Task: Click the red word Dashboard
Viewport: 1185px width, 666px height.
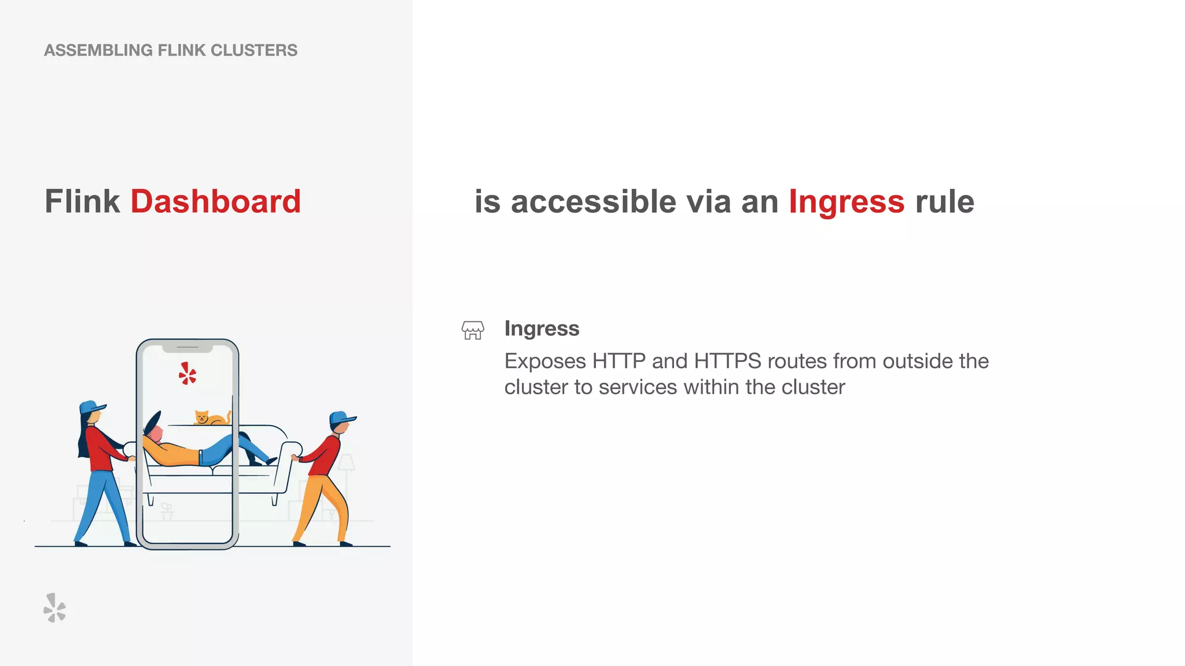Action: pyautogui.click(x=215, y=202)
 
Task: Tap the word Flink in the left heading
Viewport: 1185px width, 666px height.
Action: pyautogui.click(x=82, y=202)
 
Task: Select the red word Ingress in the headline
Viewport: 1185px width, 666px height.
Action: pyautogui.click(x=846, y=202)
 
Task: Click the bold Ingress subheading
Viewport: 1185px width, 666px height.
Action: pyautogui.click(x=542, y=328)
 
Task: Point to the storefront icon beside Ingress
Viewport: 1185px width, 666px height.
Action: pyautogui.click(x=473, y=330)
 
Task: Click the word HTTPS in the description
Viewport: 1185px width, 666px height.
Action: pyautogui.click(x=727, y=361)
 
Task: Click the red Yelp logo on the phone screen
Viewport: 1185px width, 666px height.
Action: pyautogui.click(x=187, y=374)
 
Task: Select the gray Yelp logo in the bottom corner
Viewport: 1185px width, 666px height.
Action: pyautogui.click(x=54, y=608)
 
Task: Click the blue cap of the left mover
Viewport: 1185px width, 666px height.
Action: pyautogui.click(x=91, y=406)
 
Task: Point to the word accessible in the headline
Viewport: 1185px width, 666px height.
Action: pyautogui.click(x=594, y=202)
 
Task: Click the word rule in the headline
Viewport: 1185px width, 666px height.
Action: pyautogui.click(x=944, y=202)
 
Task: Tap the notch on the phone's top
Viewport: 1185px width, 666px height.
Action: pyautogui.click(x=187, y=348)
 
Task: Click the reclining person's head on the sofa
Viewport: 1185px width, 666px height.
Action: pyautogui.click(x=155, y=431)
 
